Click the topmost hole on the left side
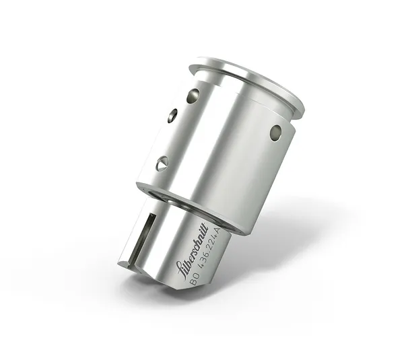pos(193,96)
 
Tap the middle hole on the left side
pos(172,116)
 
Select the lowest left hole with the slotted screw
pos(162,163)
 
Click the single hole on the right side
pos(275,133)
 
